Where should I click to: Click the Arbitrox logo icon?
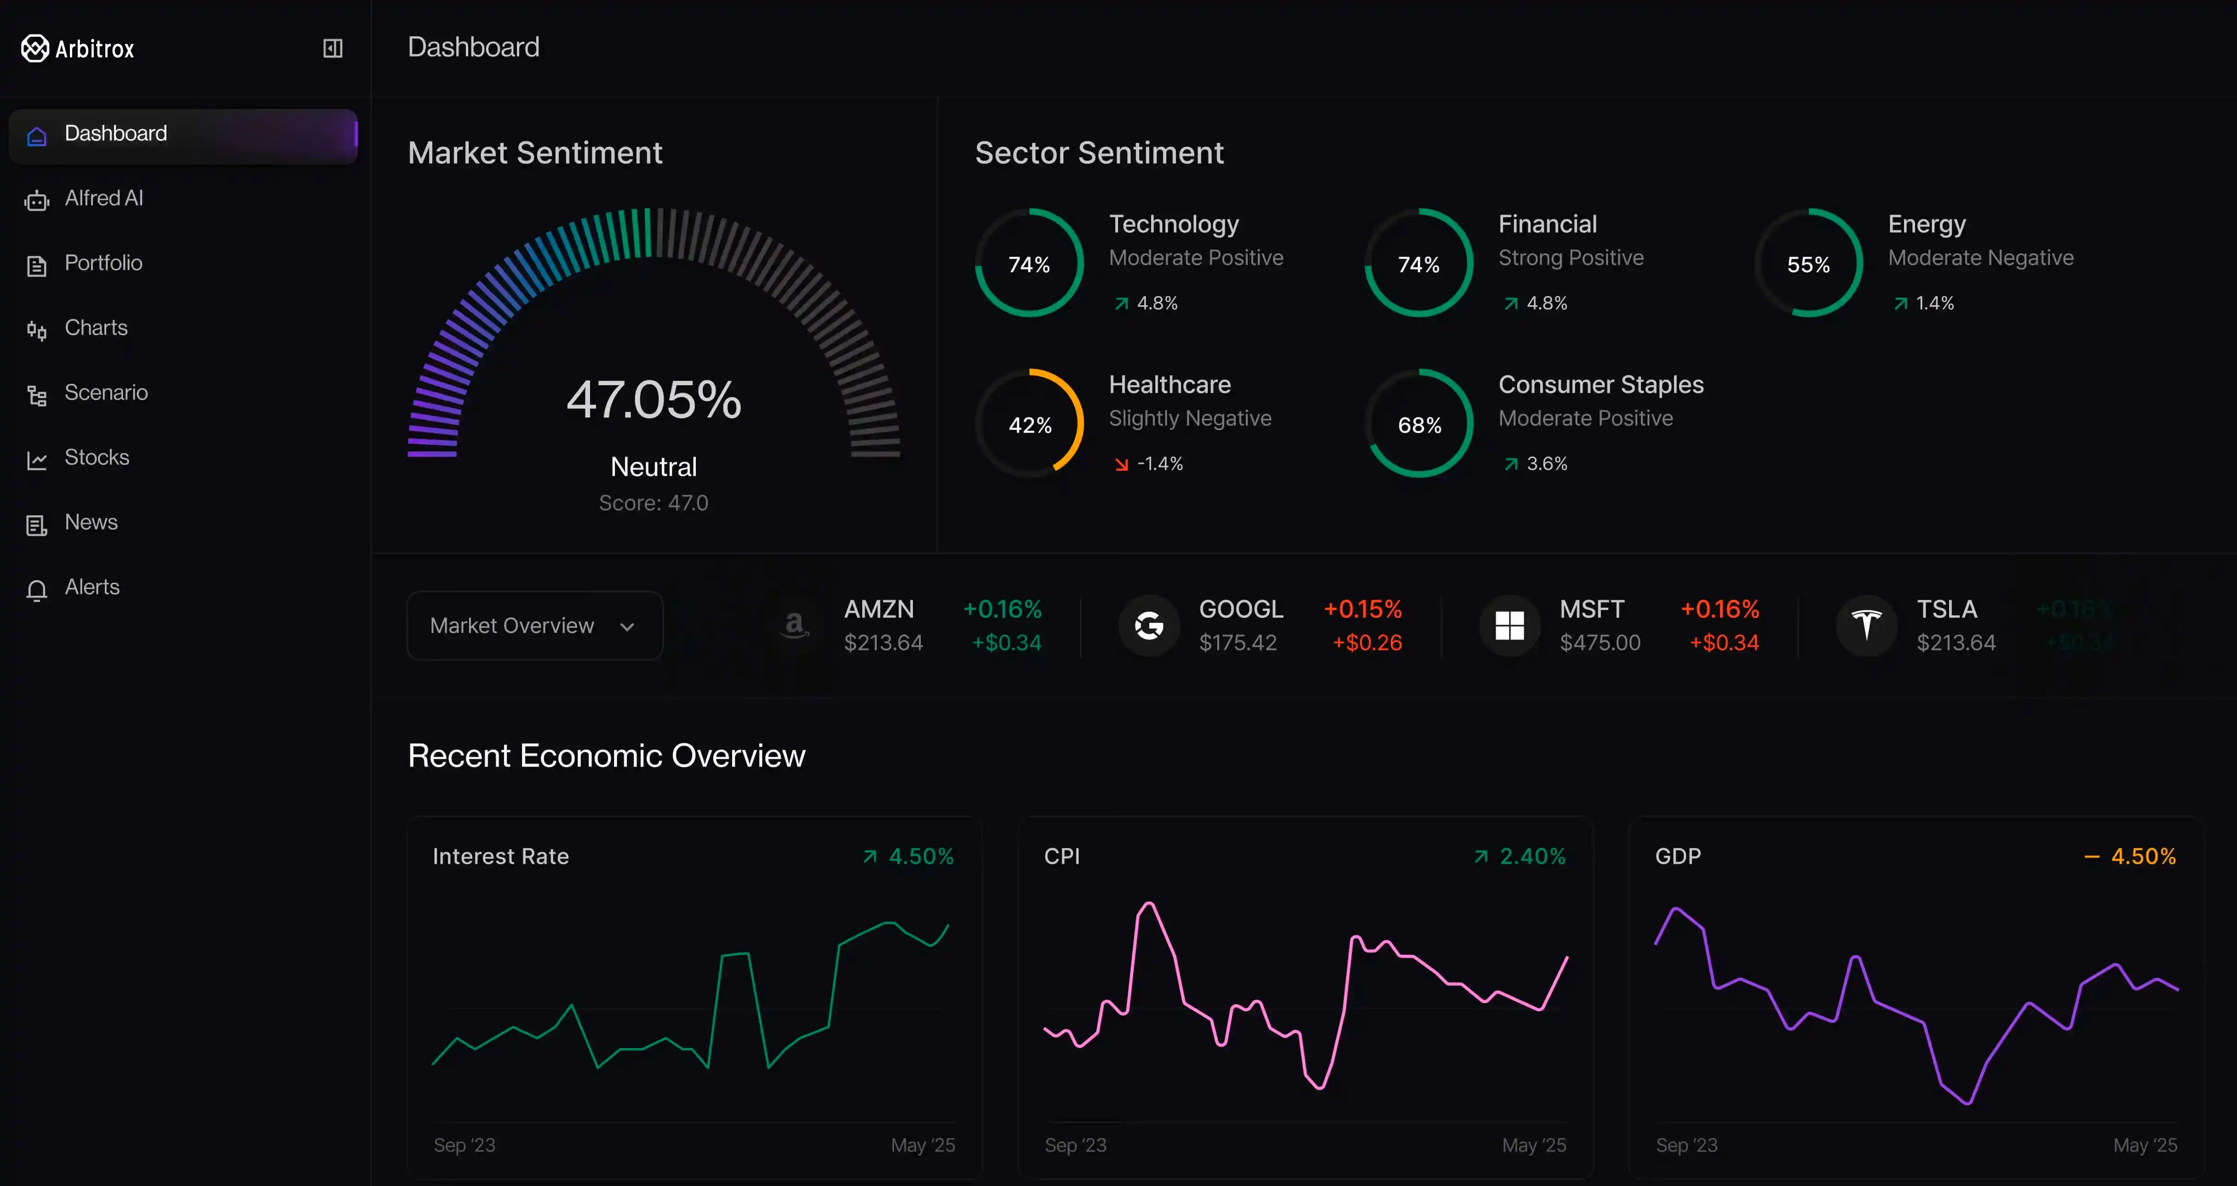click(35, 49)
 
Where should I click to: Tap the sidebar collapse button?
click(333, 49)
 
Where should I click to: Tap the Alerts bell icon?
click(36, 589)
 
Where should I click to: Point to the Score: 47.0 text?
click(653, 503)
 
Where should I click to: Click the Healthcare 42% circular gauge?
click(1030, 425)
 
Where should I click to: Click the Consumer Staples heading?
click(1600, 385)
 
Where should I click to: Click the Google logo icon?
click(1148, 625)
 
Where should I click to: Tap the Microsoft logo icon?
click(1509, 625)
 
